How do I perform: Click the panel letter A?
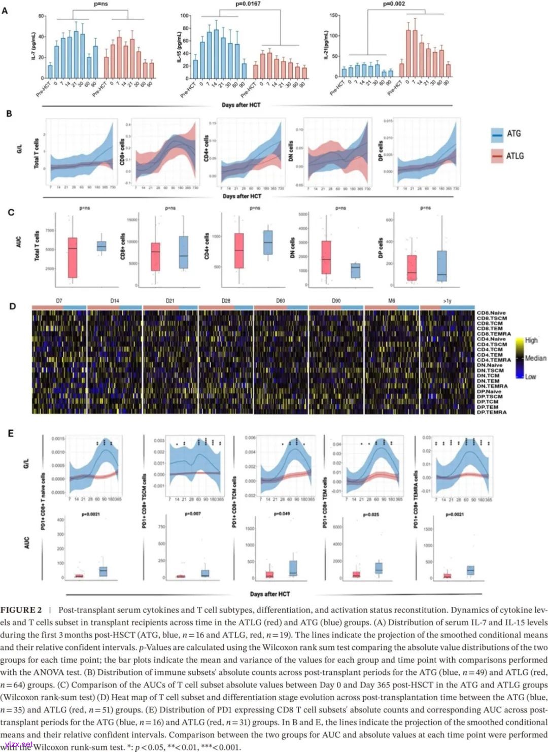pyautogui.click(x=5, y=10)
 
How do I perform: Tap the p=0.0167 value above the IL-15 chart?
pyautogui.click(x=248, y=4)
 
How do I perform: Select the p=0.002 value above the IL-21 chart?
pyautogui.click(x=394, y=4)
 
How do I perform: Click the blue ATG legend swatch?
pyautogui.click(x=497, y=134)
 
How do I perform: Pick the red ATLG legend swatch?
pyautogui.click(x=497, y=156)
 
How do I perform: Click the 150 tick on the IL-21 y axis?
pyautogui.click(x=333, y=16)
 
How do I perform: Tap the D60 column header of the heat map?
pyautogui.click(x=281, y=301)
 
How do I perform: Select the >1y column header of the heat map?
pyautogui.click(x=447, y=301)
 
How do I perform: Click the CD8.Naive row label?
pyautogui.click(x=491, y=313)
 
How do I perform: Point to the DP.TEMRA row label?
pyautogui.click(x=491, y=412)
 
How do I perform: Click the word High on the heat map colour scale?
pyautogui.click(x=531, y=340)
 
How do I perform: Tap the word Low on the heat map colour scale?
pyautogui.click(x=530, y=377)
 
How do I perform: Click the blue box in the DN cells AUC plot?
pyautogui.click(x=355, y=270)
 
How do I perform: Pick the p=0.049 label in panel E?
pyautogui.click(x=282, y=514)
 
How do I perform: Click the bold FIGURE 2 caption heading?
pyautogui.click(x=21, y=610)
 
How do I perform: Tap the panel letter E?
pyautogui.click(x=11, y=433)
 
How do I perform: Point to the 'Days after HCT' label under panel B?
pyautogui.click(x=242, y=196)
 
